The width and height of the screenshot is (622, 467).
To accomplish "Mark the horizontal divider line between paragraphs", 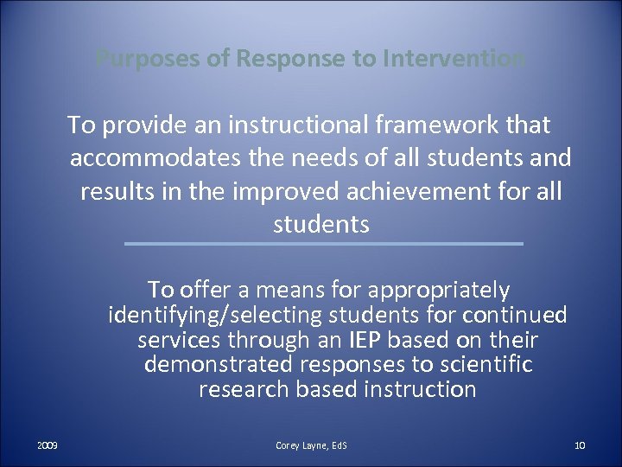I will [x=323, y=244].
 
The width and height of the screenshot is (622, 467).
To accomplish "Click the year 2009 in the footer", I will [x=47, y=446].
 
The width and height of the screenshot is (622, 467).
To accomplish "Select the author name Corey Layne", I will [x=298, y=446].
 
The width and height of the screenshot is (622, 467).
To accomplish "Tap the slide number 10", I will [x=580, y=446].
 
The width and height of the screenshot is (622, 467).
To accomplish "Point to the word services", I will [x=177, y=340].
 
